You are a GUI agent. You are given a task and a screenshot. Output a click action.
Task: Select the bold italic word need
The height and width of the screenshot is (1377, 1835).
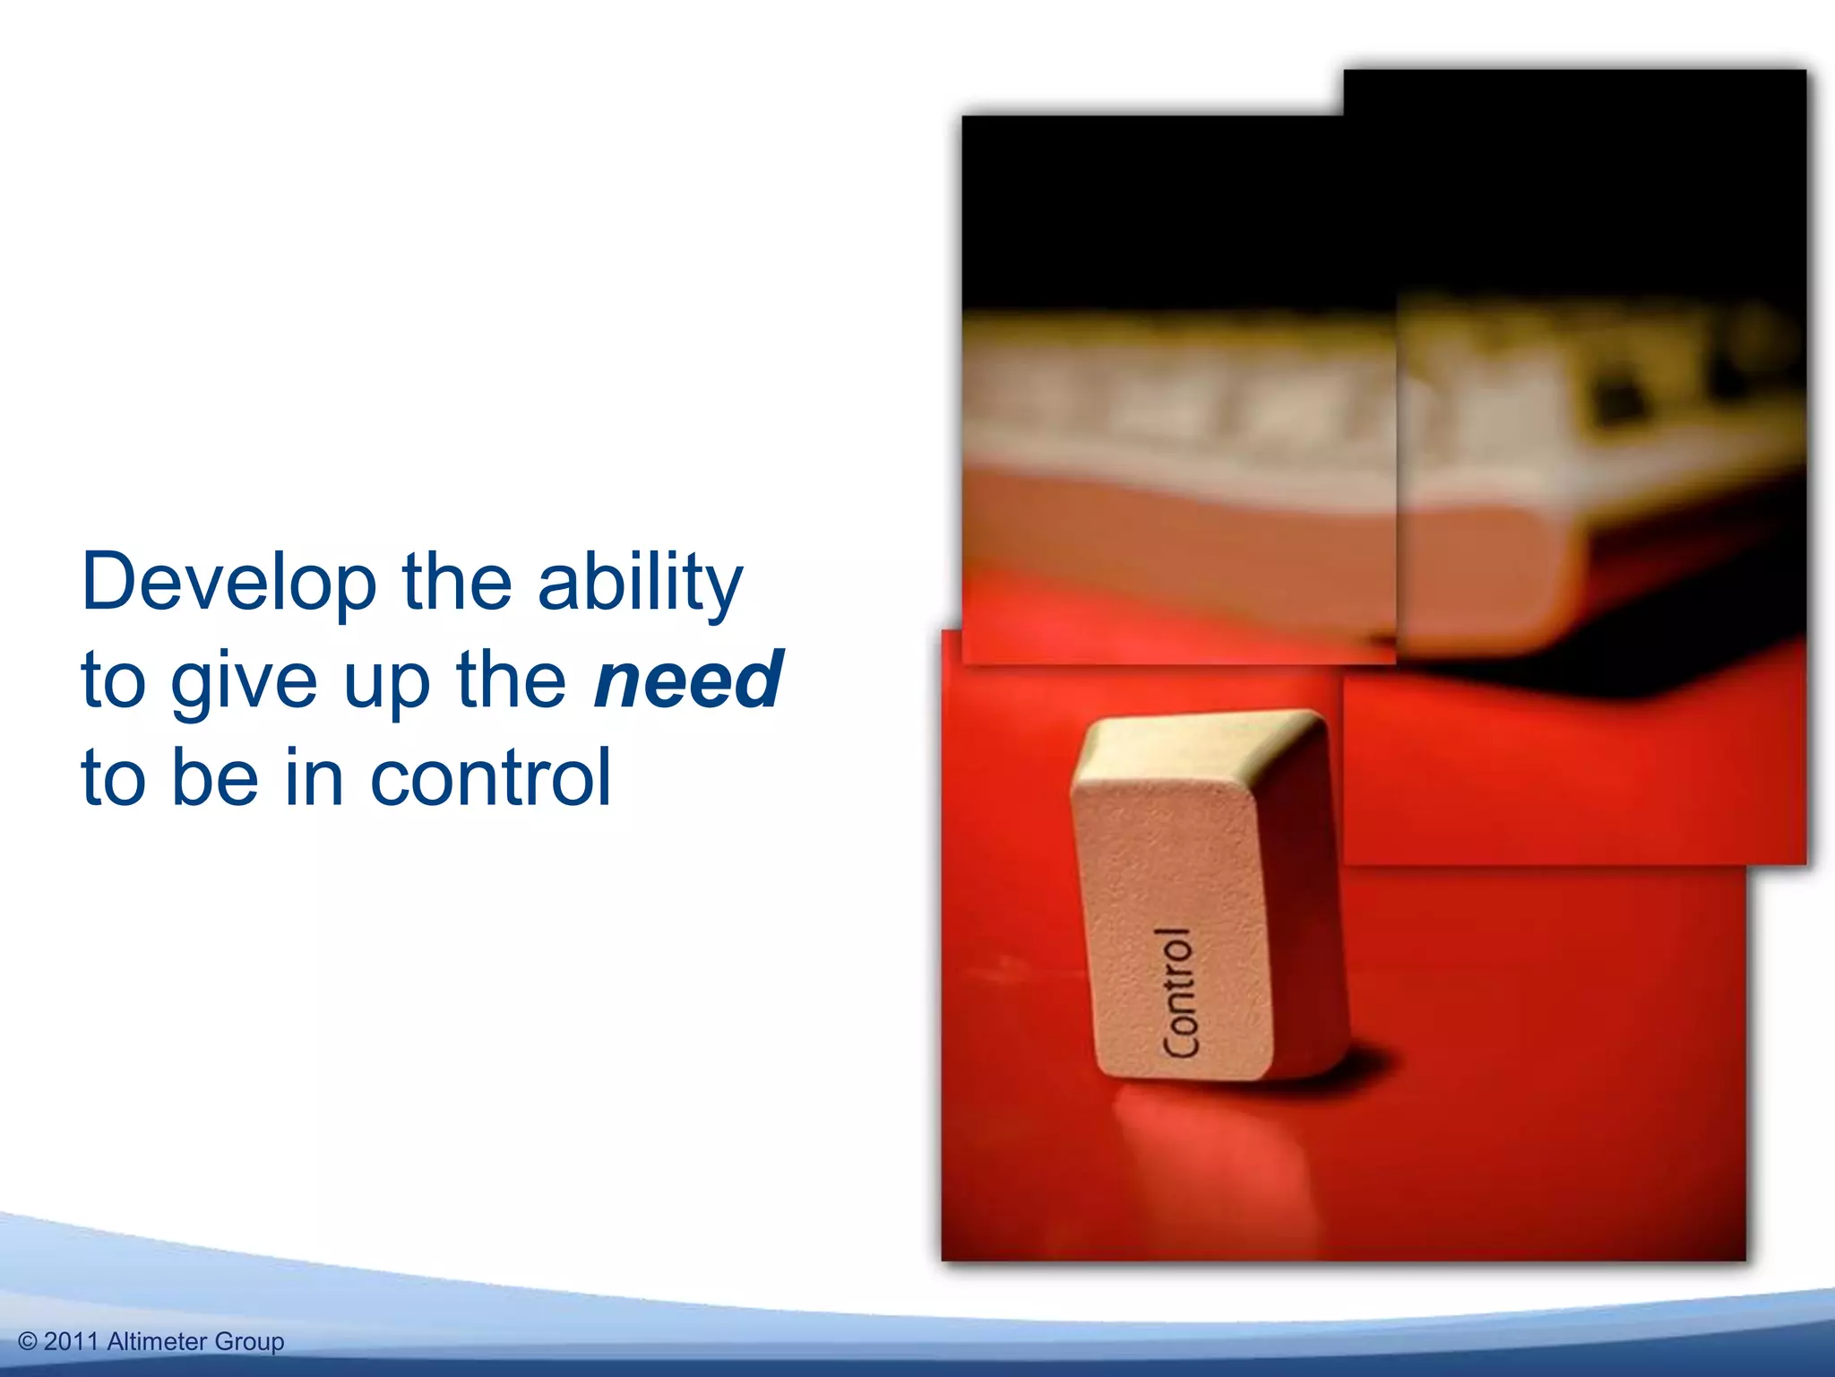click(x=688, y=680)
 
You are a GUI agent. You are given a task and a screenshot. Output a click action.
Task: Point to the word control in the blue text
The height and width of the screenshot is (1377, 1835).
click(x=490, y=778)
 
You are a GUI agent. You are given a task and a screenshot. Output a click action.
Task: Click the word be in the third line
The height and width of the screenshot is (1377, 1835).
click(x=214, y=778)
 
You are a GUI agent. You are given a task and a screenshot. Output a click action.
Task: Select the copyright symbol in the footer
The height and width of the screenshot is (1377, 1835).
click(x=28, y=1342)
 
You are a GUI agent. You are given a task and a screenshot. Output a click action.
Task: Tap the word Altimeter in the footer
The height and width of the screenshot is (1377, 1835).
click(x=157, y=1342)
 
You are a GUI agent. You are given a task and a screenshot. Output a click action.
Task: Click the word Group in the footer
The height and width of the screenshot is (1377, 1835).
click(x=249, y=1342)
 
